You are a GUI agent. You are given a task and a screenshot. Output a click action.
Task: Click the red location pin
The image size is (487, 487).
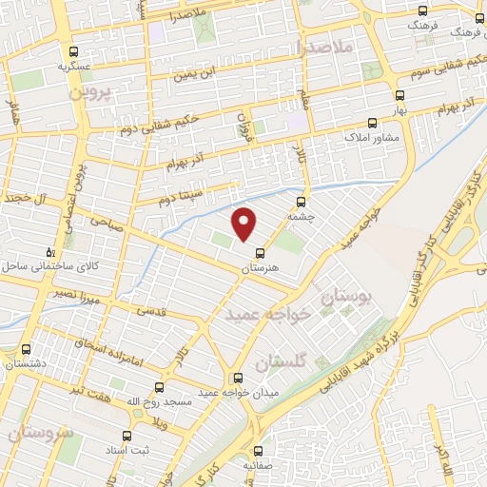click(244, 224)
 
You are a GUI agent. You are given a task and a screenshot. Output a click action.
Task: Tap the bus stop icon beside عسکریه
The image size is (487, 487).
click(73, 51)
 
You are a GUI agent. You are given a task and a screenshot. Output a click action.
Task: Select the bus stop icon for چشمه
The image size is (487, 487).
click(302, 202)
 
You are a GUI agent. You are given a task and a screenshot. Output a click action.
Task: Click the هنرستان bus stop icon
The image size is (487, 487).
click(259, 253)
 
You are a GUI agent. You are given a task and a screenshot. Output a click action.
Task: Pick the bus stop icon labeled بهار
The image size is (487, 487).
click(399, 95)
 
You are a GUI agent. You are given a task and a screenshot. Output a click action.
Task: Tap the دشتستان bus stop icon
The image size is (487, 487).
click(25, 348)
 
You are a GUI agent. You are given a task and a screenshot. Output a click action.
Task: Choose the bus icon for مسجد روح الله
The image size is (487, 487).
click(158, 387)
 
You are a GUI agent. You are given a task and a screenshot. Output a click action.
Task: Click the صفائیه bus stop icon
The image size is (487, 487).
click(258, 452)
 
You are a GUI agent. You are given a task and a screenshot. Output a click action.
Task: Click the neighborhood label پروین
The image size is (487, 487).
click(89, 95)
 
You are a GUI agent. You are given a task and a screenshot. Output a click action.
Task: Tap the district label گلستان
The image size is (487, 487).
click(280, 362)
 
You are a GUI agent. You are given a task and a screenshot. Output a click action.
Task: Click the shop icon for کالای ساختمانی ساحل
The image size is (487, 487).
click(51, 252)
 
